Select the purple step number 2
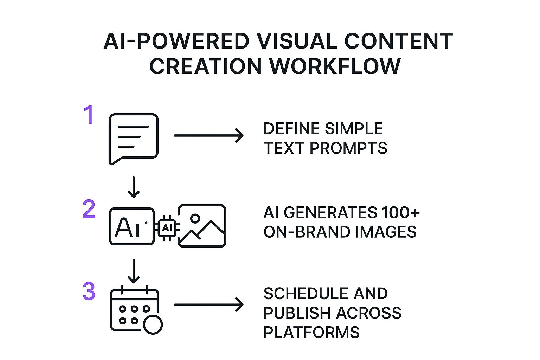click(x=89, y=209)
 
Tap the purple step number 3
click(x=89, y=291)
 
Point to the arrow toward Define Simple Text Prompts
click(x=209, y=135)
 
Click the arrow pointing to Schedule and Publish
click(x=209, y=305)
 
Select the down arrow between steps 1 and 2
click(x=134, y=187)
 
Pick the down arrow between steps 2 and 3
click(x=134, y=271)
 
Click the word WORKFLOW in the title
click(x=335, y=66)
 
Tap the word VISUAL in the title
click(x=297, y=41)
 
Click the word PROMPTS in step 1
click(x=348, y=148)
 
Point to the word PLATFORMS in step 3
click(x=311, y=332)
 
